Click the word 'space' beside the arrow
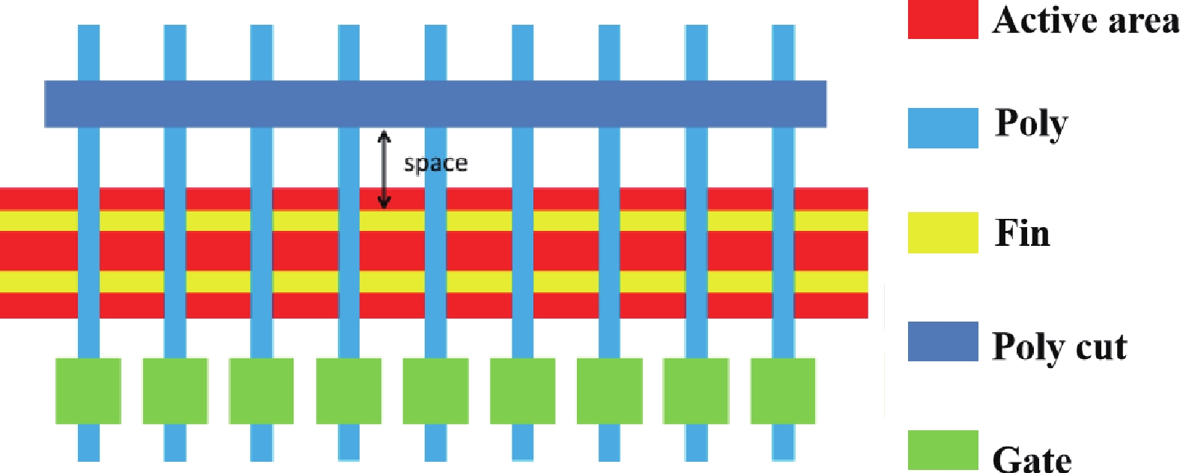tap(435, 164)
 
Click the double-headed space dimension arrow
tap(384, 169)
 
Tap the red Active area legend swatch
tap(943, 19)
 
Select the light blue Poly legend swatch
tap(943, 128)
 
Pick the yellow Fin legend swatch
tap(943, 232)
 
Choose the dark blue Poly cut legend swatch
tap(943, 341)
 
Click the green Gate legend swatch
tap(943, 450)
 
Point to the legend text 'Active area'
tap(1086, 20)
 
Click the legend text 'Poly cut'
tap(1059, 348)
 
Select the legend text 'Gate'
tap(1032, 459)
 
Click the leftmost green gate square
tap(88, 391)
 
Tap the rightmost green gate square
tap(783, 391)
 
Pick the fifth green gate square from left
tap(435, 391)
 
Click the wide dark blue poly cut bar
tap(435, 104)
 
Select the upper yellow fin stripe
tap(434, 221)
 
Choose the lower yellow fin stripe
tap(434, 282)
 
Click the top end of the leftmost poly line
tap(88, 25)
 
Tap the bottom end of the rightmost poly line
tap(783, 461)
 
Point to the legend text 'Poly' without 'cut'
tap(1032, 124)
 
